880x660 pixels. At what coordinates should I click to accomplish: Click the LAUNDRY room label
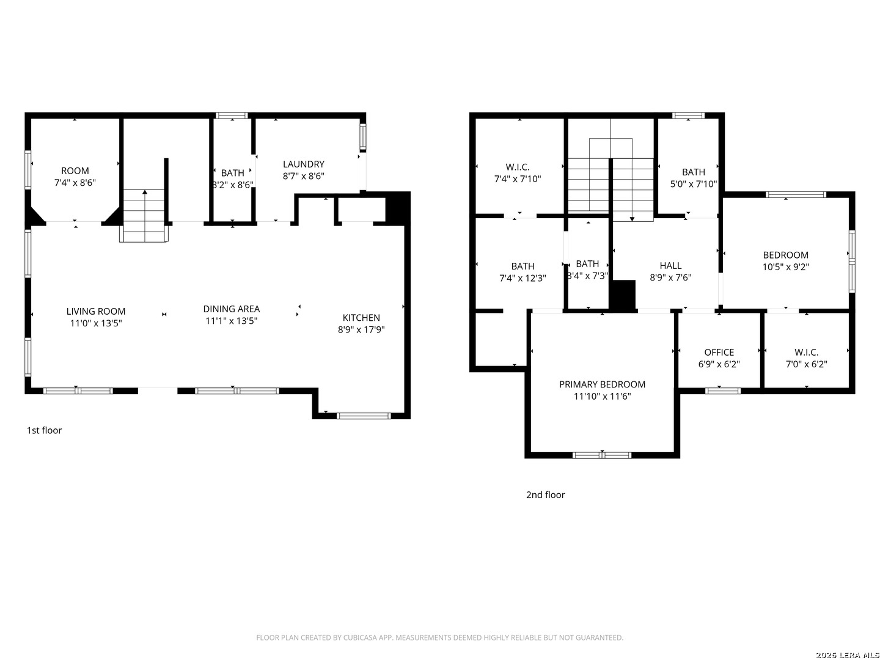[x=304, y=164]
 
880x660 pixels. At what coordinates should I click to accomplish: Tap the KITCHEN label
[x=361, y=318]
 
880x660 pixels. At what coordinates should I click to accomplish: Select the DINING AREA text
[x=232, y=309]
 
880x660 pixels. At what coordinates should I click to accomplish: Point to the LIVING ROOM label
[x=96, y=312]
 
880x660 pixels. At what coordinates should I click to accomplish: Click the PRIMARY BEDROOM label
[x=602, y=385]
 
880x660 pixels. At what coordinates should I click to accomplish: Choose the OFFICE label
[x=719, y=353]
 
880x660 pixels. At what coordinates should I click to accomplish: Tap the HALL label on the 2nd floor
[x=671, y=266]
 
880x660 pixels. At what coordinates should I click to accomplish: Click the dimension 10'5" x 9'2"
[x=786, y=267]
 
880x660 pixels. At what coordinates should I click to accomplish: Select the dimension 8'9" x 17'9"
[x=361, y=330]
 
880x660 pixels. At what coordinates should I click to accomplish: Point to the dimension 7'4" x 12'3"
[x=522, y=278]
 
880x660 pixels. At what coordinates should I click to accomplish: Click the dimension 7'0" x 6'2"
[x=807, y=364]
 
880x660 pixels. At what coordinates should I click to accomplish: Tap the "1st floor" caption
[x=44, y=430]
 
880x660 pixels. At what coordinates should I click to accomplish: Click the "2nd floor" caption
[x=545, y=495]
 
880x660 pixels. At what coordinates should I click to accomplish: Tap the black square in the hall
[x=623, y=295]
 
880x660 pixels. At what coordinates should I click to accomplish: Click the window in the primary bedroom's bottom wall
[x=602, y=455]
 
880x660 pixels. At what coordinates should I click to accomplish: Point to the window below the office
[x=723, y=391]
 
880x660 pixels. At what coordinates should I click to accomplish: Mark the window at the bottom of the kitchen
[x=364, y=416]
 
